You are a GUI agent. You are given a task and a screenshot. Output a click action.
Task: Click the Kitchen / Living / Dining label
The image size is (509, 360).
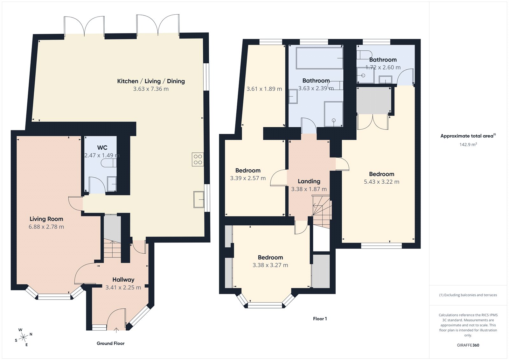(151, 81)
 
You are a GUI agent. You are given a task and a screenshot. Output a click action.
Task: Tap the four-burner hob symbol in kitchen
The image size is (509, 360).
(198, 159)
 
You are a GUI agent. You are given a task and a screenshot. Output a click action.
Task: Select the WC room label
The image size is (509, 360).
(102, 148)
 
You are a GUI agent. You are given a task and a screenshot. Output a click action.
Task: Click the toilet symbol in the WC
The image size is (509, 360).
(108, 163)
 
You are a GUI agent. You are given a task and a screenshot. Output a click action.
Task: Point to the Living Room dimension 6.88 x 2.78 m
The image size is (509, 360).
(46, 227)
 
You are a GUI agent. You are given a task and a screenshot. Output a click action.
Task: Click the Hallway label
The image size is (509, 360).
(123, 280)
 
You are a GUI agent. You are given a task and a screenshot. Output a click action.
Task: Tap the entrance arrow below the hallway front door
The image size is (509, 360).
(116, 330)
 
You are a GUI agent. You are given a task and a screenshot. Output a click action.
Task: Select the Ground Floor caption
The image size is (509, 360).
(110, 343)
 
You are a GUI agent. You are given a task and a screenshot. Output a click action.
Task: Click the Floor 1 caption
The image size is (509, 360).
(320, 319)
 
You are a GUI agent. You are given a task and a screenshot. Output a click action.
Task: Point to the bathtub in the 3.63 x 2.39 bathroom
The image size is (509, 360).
(319, 58)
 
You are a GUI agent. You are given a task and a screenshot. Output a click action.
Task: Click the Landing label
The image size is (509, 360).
(309, 181)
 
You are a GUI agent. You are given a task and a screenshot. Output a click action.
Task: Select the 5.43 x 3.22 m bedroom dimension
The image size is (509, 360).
(381, 182)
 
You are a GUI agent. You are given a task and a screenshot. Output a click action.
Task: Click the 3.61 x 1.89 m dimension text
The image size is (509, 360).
(264, 89)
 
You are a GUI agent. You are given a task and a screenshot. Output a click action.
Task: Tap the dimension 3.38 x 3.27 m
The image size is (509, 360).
(270, 265)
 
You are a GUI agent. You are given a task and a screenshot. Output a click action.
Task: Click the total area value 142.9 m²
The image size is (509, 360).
(468, 145)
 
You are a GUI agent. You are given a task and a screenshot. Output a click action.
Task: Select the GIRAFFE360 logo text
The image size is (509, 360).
(468, 345)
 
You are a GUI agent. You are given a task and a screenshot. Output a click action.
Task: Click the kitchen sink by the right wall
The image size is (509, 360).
(199, 200)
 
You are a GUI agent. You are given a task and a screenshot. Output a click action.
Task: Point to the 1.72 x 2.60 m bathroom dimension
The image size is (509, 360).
(383, 67)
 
